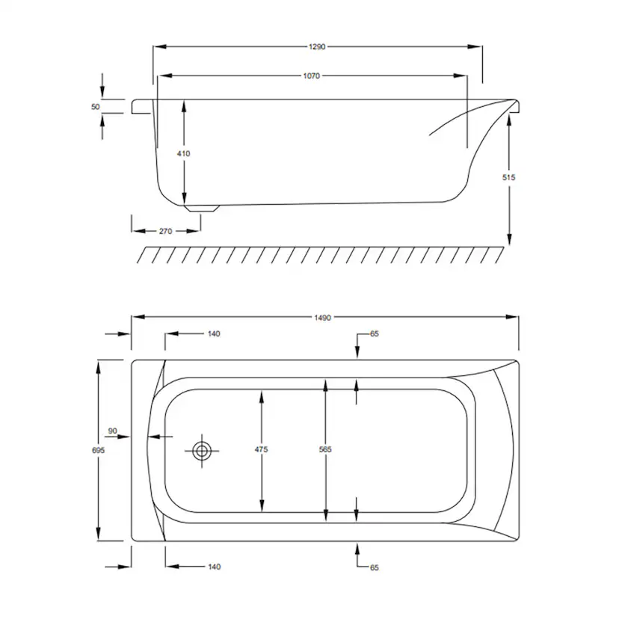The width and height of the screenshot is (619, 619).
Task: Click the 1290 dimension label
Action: tap(317, 46)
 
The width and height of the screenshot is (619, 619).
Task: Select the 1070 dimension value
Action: tap(312, 76)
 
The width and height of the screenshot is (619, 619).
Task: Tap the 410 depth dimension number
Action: tap(184, 153)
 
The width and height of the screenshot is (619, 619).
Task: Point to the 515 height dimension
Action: tap(509, 178)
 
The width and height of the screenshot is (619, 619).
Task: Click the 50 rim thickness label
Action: tap(96, 107)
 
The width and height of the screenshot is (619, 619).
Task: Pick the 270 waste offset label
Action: tap(165, 231)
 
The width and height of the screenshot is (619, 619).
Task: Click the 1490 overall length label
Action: tap(322, 318)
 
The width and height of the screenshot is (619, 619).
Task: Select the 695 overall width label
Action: tap(98, 450)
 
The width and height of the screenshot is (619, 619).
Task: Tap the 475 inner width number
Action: tap(262, 449)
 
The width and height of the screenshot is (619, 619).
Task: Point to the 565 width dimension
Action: tap(325, 449)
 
